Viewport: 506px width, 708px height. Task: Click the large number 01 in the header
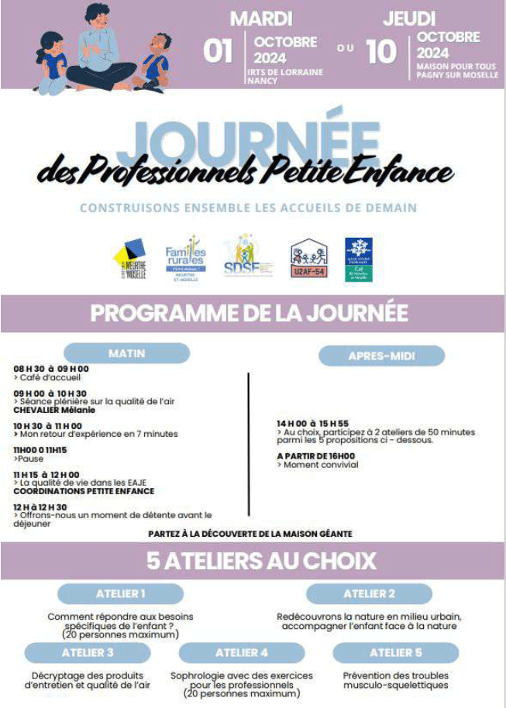pyautogui.click(x=218, y=51)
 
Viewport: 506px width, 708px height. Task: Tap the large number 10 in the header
pyautogui.click(x=380, y=51)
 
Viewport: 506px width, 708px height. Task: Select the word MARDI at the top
pyautogui.click(x=261, y=18)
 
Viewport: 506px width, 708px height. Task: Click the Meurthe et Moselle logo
pyautogui.click(x=130, y=261)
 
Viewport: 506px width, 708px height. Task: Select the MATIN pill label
pyautogui.click(x=126, y=353)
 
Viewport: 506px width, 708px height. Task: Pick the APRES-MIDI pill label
pyautogui.click(x=382, y=356)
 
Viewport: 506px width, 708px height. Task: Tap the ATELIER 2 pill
pyautogui.click(x=370, y=593)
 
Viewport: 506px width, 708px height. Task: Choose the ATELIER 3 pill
pyautogui.click(x=88, y=652)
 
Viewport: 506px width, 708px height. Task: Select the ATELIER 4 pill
pyautogui.click(x=242, y=652)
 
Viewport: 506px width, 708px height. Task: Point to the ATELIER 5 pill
pyautogui.click(x=396, y=652)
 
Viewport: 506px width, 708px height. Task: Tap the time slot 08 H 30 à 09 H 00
pyautogui.click(x=51, y=369)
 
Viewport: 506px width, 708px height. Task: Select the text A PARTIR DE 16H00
pyautogui.click(x=315, y=456)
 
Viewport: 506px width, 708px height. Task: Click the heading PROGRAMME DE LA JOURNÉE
pyautogui.click(x=250, y=313)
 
